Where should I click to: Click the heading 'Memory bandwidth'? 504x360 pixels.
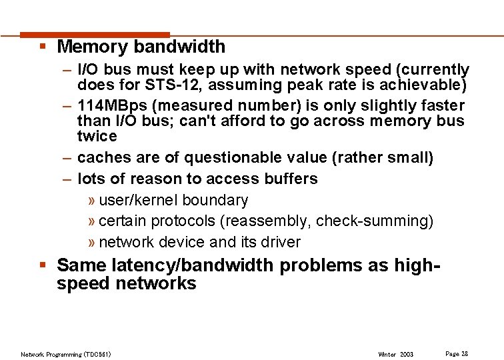point(141,47)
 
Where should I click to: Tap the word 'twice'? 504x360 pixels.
point(97,136)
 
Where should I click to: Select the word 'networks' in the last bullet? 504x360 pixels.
point(156,283)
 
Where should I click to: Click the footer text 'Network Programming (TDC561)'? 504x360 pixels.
point(66,354)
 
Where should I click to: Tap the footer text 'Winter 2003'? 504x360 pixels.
point(396,354)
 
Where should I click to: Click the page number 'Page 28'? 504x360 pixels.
point(457,353)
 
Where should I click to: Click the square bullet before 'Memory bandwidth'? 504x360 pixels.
point(42,47)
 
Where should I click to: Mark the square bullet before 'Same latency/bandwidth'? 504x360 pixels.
point(42,265)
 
